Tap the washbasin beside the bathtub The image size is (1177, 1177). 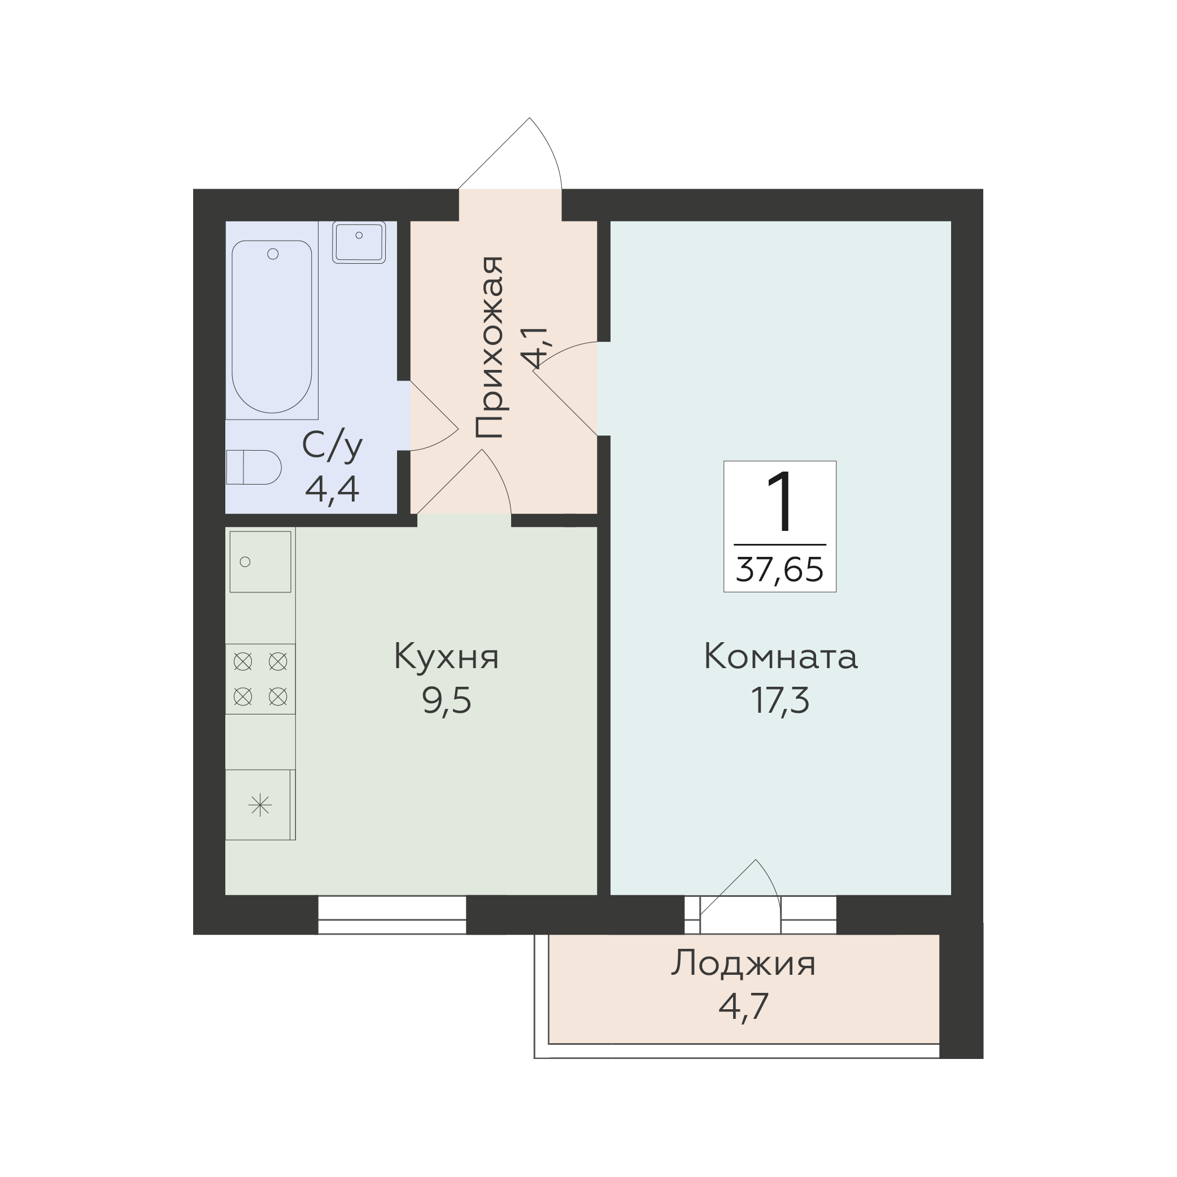pyautogui.click(x=359, y=242)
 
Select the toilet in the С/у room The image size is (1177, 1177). pyautogui.click(x=254, y=467)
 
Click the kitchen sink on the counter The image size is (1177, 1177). pyautogui.click(x=260, y=561)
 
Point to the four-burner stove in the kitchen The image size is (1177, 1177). pyautogui.click(x=260, y=679)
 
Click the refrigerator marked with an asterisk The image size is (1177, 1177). pyautogui.click(x=260, y=805)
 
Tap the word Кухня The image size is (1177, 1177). pyautogui.click(x=447, y=657)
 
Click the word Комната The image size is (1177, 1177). pyautogui.click(x=781, y=657)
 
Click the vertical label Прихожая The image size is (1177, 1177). pyautogui.click(x=490, y=347)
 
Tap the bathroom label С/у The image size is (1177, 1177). pyautogui.click(x=332, y=447)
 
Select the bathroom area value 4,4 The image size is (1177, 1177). pyautogui.click(x=332, y=489)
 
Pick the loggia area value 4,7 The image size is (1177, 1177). pyautogui.click(x=743, y=1006)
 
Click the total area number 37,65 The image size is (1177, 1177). pyautogui.click(x=780, y=570)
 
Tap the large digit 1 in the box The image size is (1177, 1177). pyautogui.click(x=781, y=502)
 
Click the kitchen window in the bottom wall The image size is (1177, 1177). pyautogui.click(x=392, y=914)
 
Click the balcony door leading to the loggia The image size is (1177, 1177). pyautogui.click(x=740, y=896)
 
